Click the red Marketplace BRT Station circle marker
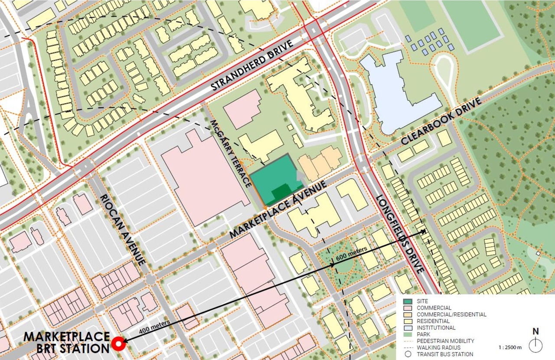coord(118,344)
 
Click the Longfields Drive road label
coord(400,233)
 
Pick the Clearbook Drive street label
coord(441,121)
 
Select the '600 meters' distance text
coord(352,252)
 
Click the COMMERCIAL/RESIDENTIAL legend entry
coord(451,314)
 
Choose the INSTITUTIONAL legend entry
coord(436,328)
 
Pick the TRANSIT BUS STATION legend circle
coord(408,354)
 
